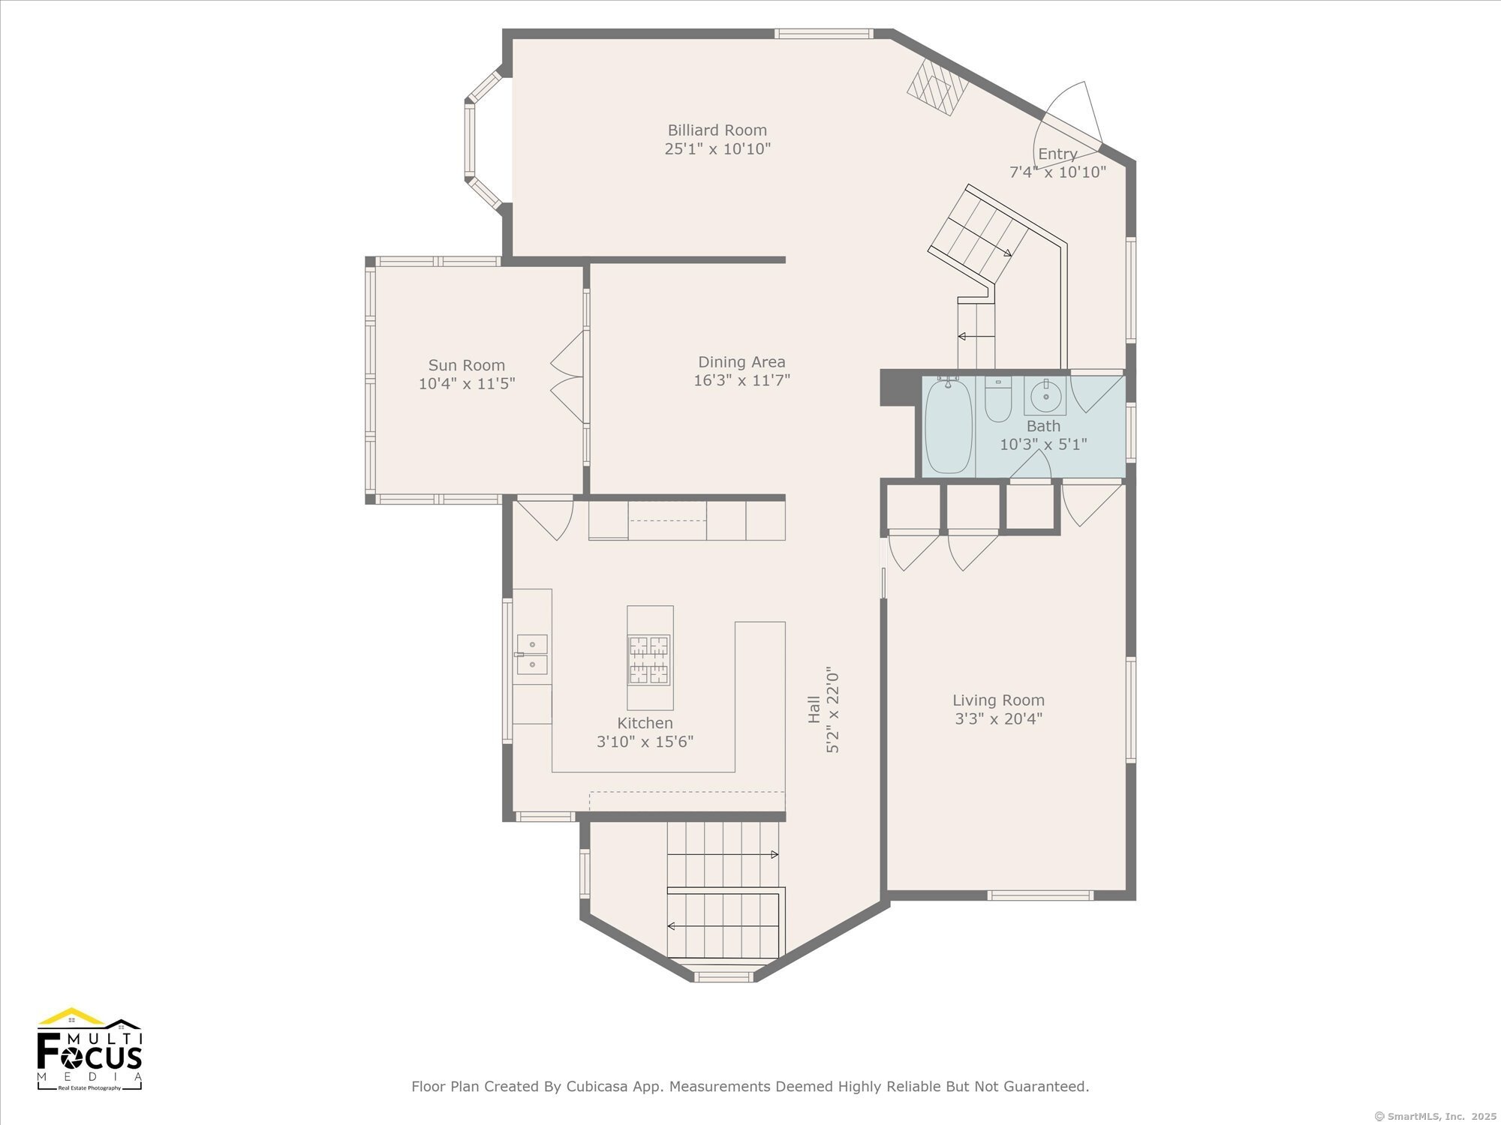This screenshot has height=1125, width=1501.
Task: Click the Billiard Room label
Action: [x=717, y=130]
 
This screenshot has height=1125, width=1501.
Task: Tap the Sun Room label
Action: [x=466, y=365]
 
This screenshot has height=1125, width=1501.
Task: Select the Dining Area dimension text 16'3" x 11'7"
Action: [x=741, y=380]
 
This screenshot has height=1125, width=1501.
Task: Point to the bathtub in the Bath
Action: [x=949, y=426]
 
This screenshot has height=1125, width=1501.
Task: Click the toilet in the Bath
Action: [x=998, y=400]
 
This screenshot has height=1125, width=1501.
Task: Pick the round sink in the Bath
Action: [x=1045, y=395]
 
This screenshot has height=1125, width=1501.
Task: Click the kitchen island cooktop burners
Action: [x=649, y=660]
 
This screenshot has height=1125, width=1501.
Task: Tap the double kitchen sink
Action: [x=531, y=654]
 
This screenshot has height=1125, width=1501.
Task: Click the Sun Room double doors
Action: [x=568, y=377]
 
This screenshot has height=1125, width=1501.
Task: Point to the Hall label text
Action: [x=814, y=709]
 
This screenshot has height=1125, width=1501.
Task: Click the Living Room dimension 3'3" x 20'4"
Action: [x=998, y=718]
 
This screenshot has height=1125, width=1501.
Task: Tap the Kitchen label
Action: [x=645, y=723]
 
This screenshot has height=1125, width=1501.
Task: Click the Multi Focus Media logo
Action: [x=89, y=1048]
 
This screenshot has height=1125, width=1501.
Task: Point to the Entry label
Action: [x=1057, y=154]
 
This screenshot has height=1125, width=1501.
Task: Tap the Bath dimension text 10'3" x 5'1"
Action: [x=1043, y=444]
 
